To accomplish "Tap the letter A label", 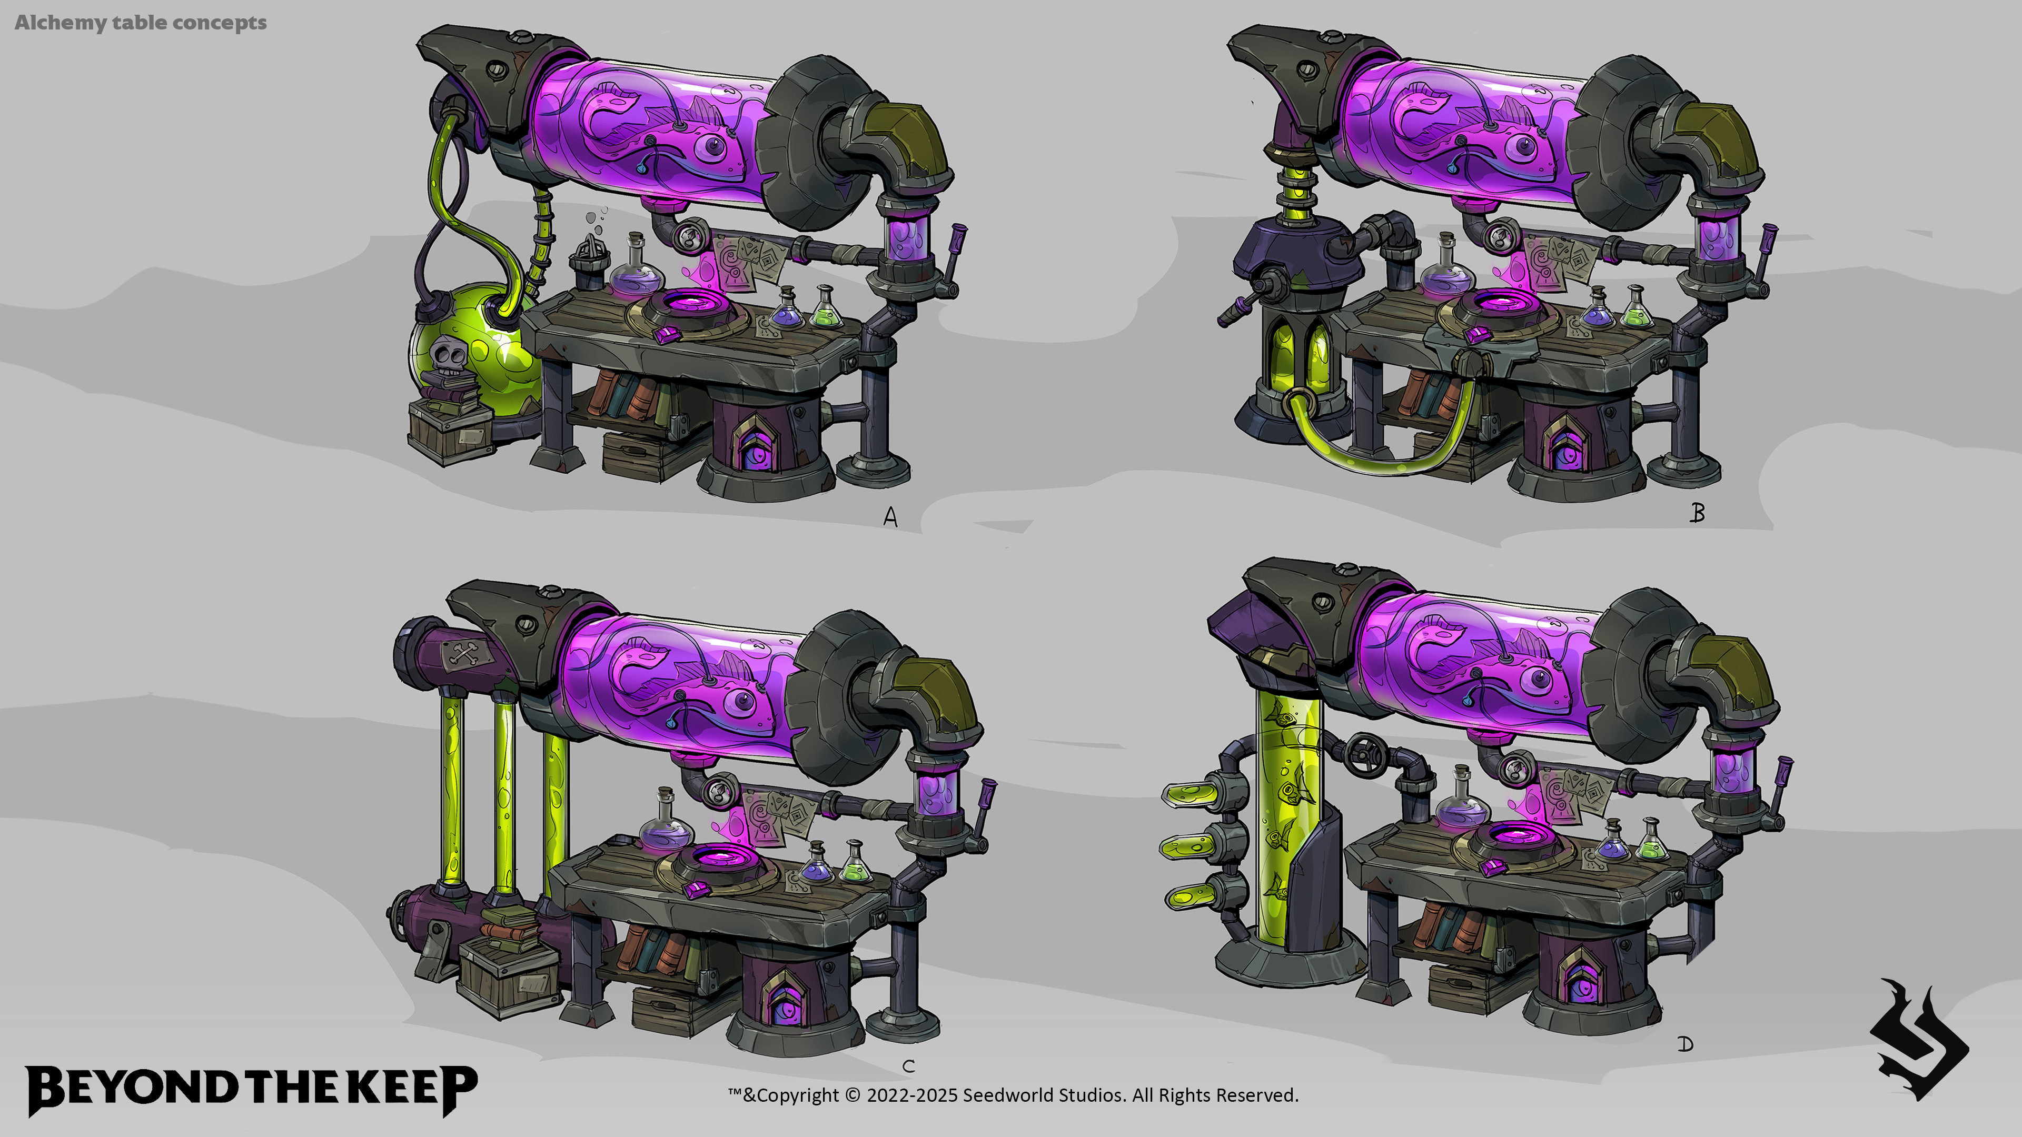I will pos(890,517).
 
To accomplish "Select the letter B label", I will pos(1697,513).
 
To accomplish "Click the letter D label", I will pos(1685,1044).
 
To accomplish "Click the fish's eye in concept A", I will pos(715,146).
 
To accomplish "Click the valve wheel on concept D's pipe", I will pos(1365,753).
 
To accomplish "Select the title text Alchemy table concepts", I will pos(141,23).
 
